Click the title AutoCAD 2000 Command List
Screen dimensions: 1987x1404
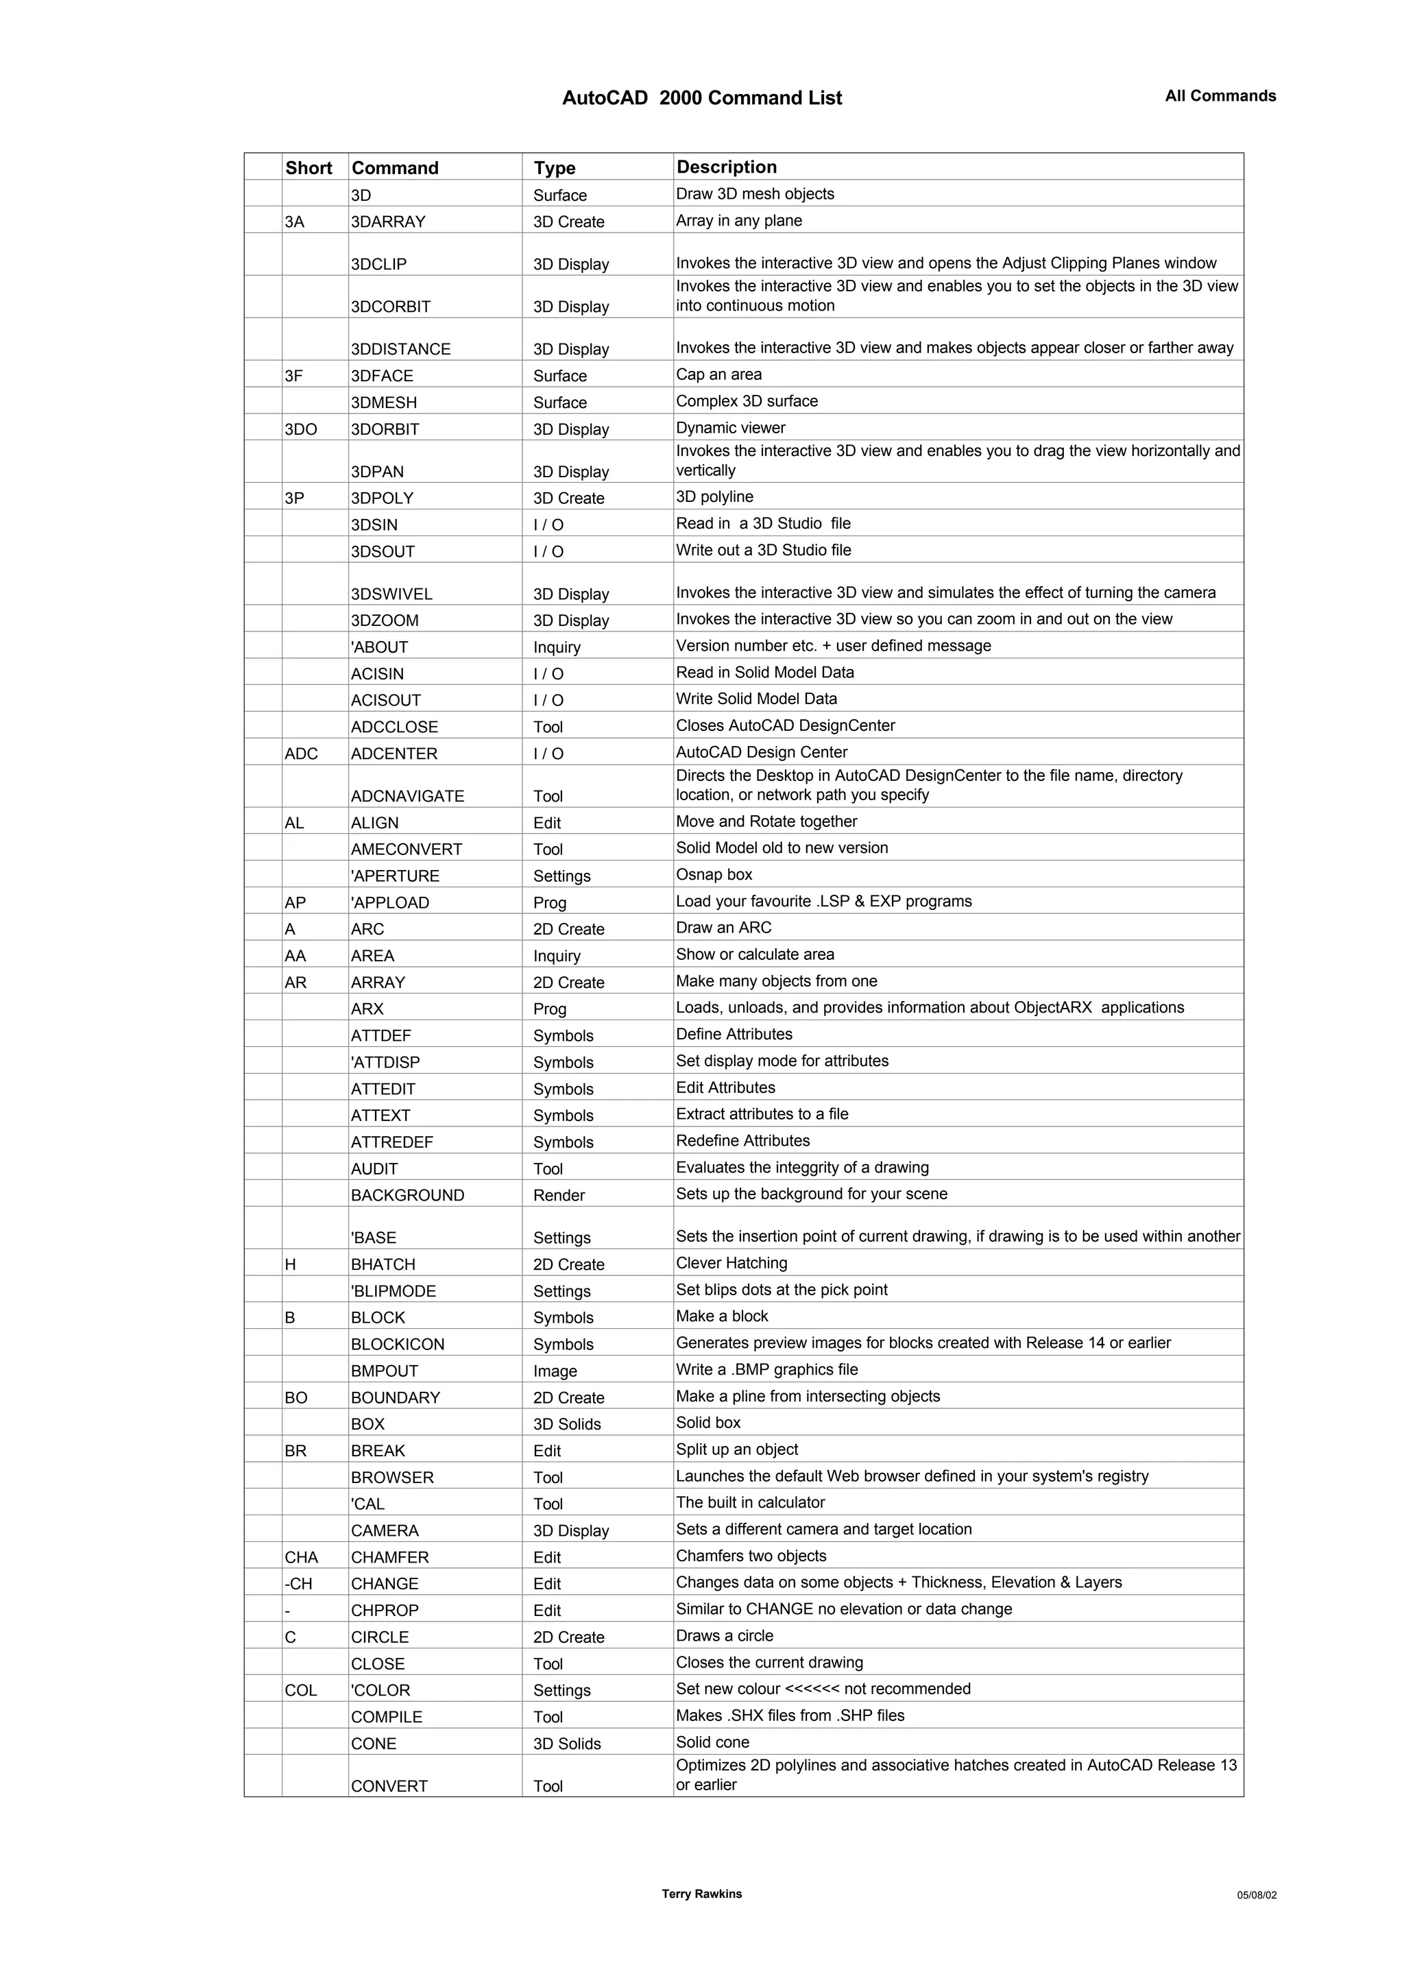[x=701, y=99]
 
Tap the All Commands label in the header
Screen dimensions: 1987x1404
[x=1220, y=96]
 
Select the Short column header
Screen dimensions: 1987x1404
[x=308, y=168]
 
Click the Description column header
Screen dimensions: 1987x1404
[x=727, y=167]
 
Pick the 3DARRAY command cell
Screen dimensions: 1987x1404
[x=389, y=221]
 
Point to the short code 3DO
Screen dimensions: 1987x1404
[x=301, y=429]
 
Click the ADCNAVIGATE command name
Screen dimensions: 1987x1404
[x=407, y=796]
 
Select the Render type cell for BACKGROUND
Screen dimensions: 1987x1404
[x=559, y=1195]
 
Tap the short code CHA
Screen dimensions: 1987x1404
[x=301, y=1557]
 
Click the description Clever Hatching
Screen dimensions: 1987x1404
[x=732, y=1263]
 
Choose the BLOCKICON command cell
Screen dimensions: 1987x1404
[x=398, y=1344]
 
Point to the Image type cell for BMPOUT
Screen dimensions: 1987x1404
[x=555, y=1371]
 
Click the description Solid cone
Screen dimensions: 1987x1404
[x=713, y=1742]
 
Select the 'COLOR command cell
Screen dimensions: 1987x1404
[x=380, y=1690]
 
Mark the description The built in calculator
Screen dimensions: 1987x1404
[x=751, y=1502]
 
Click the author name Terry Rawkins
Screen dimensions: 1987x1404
[x=701, y=1894]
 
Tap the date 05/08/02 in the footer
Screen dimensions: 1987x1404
[x=1256, y=1895]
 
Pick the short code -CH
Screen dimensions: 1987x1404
[x=298, y=1584]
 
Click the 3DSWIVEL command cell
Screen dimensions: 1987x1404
[x=392, y=594]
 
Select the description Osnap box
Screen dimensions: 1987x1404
[x=714, y=874]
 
